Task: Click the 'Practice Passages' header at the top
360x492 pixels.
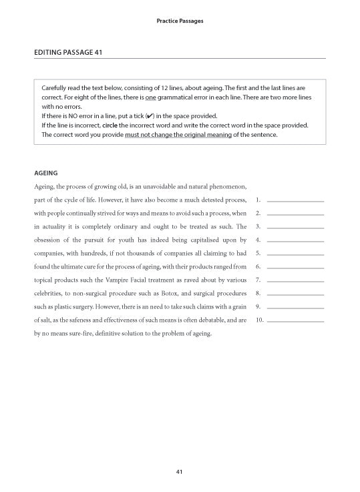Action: (x=180, y=21)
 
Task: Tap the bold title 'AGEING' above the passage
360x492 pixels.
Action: (x=45, y=172)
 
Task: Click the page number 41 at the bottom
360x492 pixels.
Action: (x=180, y=472)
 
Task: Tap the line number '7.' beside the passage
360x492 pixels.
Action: (x=258, y=280)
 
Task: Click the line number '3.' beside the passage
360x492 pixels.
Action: (x=258, y=226)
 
